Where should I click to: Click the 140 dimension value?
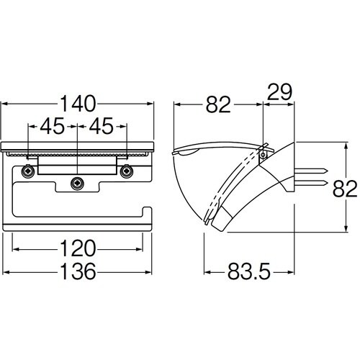pos(78,104)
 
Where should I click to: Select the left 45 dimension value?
pos(53,126)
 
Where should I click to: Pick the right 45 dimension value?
pos(101,126)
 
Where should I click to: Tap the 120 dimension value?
pos(78,248)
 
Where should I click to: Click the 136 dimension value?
pos(78,271)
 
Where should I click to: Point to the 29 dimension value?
pos(279,92)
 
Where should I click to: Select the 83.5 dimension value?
pos(249,271)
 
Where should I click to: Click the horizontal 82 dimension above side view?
pos(218,104)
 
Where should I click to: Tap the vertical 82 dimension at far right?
pos(345,188)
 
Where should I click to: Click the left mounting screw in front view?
pos(28,171)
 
